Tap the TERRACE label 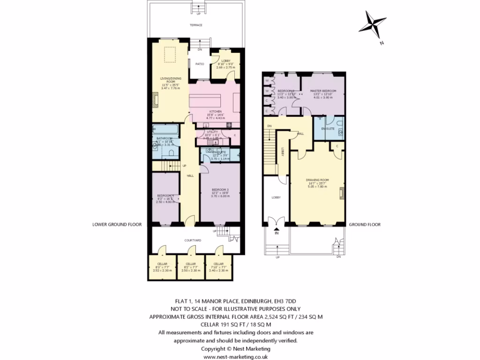point(196,25)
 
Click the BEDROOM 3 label point(220,189)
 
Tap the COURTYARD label point(193,240)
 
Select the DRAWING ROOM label point(317,179)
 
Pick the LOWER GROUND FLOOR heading point(117,225)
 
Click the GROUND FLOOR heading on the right point(365,225)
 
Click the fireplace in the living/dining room point(155,100)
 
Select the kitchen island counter point(207,100)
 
